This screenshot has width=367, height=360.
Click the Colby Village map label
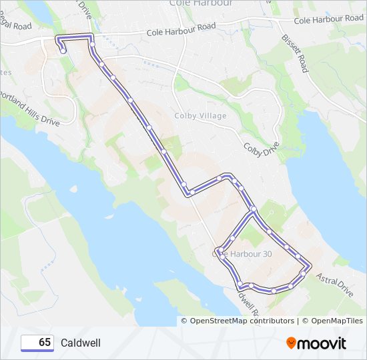[200, 116]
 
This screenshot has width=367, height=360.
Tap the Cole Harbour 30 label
[242, 253]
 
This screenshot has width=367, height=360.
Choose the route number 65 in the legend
[45, 343]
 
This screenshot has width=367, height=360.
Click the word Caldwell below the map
[81, 343]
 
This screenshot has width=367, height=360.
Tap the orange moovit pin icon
[292, 343]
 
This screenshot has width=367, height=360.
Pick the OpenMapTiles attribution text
[332, 321]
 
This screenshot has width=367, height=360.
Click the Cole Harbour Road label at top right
[329, 19]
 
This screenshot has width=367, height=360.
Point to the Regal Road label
[15, 27]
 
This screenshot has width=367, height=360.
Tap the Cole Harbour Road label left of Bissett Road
[181, 28]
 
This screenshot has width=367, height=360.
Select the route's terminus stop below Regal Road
[63, 50]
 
